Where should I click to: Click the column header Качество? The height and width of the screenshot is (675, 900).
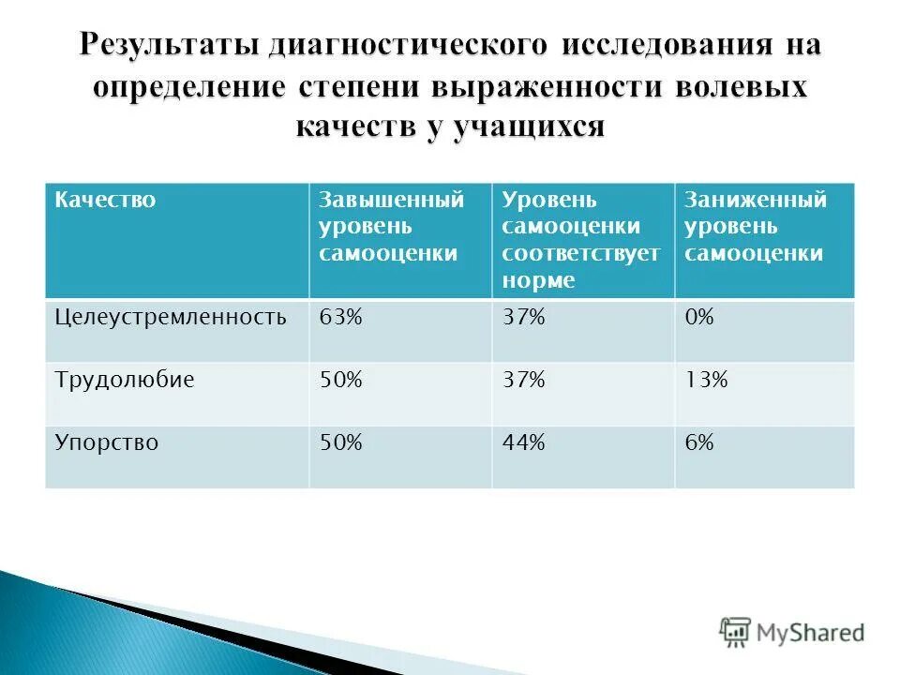click(105, 201)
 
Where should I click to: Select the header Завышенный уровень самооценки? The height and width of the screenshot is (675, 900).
click(392, 227)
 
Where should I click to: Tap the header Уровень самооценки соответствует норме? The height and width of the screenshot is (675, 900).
click(580, 240)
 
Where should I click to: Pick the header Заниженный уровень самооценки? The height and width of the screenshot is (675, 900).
click(755, 227)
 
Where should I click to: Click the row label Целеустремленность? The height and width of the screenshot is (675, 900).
click(170, 318)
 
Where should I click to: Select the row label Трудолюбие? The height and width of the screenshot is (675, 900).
click(124, 381)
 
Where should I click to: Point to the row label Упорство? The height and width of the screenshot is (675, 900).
click(107, 442)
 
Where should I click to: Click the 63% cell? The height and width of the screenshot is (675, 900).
click(340, 318)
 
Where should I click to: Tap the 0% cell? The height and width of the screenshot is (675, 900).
click(698, 318)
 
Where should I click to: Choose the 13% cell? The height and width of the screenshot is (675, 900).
click(705, 381)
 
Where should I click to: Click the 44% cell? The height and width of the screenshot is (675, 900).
click(523, 442)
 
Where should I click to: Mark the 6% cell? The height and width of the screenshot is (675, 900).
click(698, 442)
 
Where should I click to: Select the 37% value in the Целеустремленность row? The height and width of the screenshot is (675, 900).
click(523, 318)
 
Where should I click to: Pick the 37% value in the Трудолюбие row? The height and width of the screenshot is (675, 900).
click(523, 381)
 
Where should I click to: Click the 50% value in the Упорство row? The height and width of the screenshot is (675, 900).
click(340, 442)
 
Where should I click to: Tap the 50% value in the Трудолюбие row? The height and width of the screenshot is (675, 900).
click(340, 381)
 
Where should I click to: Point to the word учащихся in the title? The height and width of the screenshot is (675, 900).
click(529, 125)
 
